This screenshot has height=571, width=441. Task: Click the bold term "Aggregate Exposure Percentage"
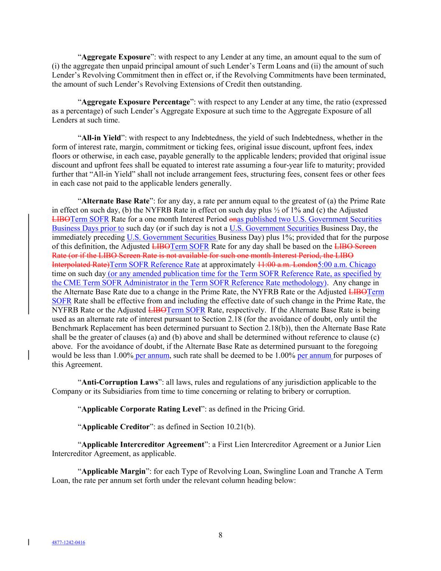coord(135,102)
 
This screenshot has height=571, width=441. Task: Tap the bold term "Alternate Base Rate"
coord(115,201)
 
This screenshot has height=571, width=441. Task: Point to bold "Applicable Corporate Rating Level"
coord(141,409)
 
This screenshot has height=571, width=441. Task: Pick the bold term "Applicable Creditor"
coord(115,427)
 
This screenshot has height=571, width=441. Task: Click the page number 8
coord(220,535)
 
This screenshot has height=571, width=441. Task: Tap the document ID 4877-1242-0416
coord(68,543)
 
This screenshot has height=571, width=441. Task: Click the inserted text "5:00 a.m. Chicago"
coord(347,265)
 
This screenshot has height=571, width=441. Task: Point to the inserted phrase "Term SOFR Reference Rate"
coord(154,265)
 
